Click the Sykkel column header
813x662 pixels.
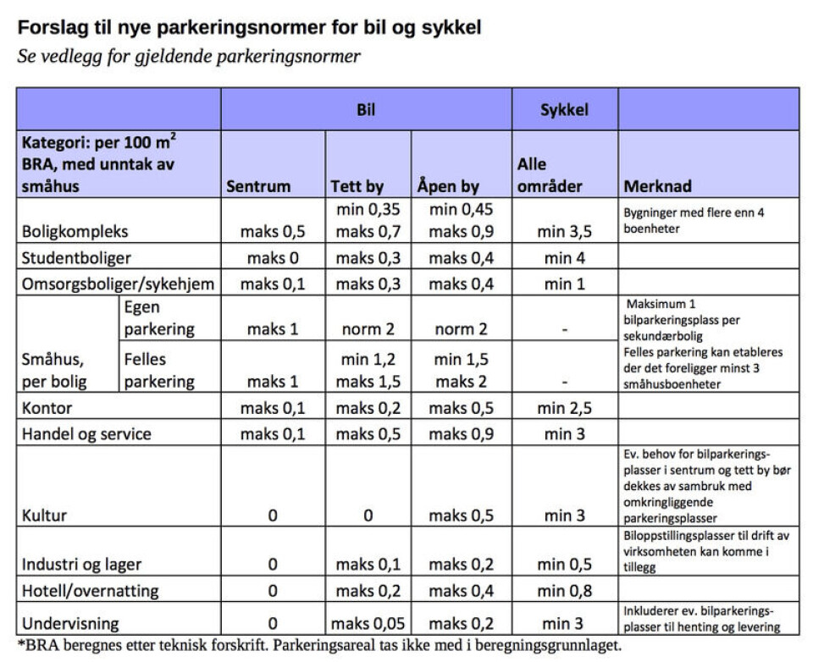pyautogui.click(x=564, y=110)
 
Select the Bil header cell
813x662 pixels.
pyautogui.click(x=366, y=110)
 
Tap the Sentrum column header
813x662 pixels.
pyautogui.click(x=258, y=186)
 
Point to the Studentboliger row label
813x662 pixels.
pyautogui.click(x=76, y=257)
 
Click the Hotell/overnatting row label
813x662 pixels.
pyautogui.click(x=91, y=590)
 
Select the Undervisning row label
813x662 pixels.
pyautogui.click(x=70, y=624)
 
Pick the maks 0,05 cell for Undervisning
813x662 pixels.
pyautogui.click(x=368, y=624)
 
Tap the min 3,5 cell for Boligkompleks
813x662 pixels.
pyautogui.click(x=564, y=230)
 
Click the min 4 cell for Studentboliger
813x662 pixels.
pyautogui.click(x=564, y=257)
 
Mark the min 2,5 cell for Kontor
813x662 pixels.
pyautogui.click(x=564, y=409)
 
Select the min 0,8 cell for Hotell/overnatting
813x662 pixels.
pyautogui.click(x=564, y=590)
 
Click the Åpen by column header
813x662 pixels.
pyautogui.click(x=448, y=186)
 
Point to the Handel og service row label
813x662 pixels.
pyautogui.click(x=86, y=434)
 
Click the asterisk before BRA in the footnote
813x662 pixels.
pyautogui.click(x=20, y=643)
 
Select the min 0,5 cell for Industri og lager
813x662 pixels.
pyautogui.click(x=564, y=564)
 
